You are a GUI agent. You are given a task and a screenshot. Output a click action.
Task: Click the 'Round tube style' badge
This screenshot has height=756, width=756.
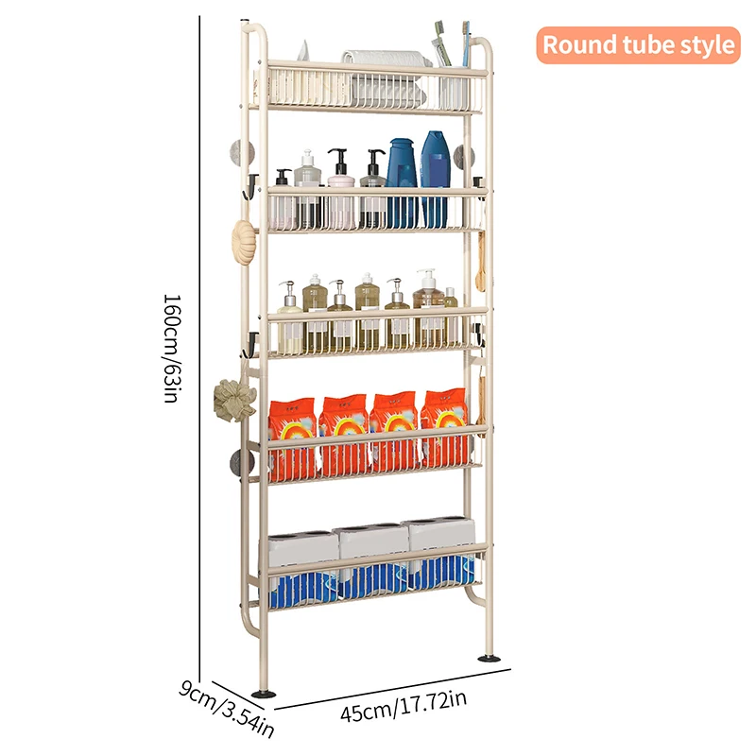pyautogui.click(x=638, y=44)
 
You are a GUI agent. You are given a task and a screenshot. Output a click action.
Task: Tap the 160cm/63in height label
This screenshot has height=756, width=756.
pyautogui.click(x=171, y=348)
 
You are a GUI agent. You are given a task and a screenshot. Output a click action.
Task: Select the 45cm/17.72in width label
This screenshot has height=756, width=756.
pyautogui.click(x=404, y=706)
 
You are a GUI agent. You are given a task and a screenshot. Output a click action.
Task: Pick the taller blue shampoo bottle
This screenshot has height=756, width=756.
pyautogui.click(x=435, y=175)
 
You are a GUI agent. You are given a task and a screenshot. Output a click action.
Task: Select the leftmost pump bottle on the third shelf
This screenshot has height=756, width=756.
pyautogui.click(x=290, y=317)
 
